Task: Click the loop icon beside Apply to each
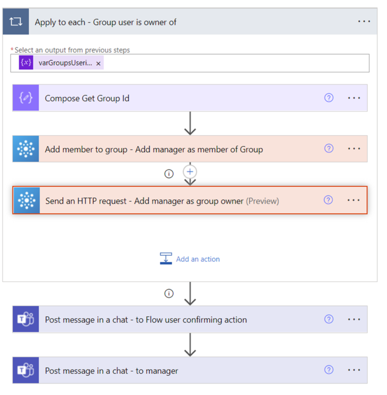pyautogui.click(x=16, y=22)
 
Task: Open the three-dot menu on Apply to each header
pyautogui.click(x=364, y=22)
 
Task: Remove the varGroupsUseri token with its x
pyautogui.click(x=98, y=63)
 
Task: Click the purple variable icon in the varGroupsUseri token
pyautogui.click(x=26, y=63)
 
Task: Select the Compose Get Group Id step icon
pyautogui.click(x=26, y=98)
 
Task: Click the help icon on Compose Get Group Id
pyautogui.click(x=329, y=98)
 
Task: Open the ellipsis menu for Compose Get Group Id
pyautogui.click(x=354, y=98)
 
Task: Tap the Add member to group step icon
pyautogui.click(x=26, y=149)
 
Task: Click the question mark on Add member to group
pyautogui.click(x=329, y=148)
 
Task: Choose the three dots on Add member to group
pyautogui.click(x=354, y=149)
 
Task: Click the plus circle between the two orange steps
pyautogui.click(x=190, y=172)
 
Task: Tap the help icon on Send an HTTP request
pyautogui.click(x=328, y=200)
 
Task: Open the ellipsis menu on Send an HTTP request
pyautogui.click(x=354, y=200)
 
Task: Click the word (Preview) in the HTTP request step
pyautogui.click(x=263, y=201)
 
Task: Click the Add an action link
pyautogui.click(x=198, y=259)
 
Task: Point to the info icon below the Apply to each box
pyautogui.click(x=169, y=293)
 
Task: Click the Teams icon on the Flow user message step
pyautogui.click(x=26, y=320)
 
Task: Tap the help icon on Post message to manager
pyautogui.click(x=329, y=370)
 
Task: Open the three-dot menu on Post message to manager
pyautogui.click(x=354, y=370)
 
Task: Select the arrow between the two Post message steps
pyautogui.click(x=190, y=345)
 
